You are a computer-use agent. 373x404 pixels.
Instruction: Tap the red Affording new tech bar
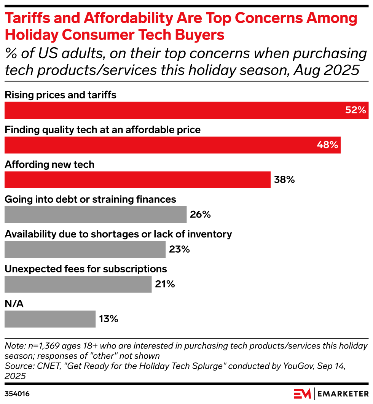click(137, 180)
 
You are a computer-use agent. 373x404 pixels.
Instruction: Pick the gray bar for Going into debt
click(95, 215)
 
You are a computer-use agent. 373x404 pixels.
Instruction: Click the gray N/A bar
click(50, 319)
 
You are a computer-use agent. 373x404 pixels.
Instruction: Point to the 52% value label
click(355, 110)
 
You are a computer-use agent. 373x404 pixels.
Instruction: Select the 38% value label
click(284, 180)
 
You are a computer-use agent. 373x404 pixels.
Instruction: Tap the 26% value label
click(200, 215)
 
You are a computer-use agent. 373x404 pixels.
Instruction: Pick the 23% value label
click(179, 250)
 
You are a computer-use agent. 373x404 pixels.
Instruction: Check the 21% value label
click(165, 284)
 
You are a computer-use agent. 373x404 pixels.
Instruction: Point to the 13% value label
click(108, 319)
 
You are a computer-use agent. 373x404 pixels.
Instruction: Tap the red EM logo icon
click(303, 393)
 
